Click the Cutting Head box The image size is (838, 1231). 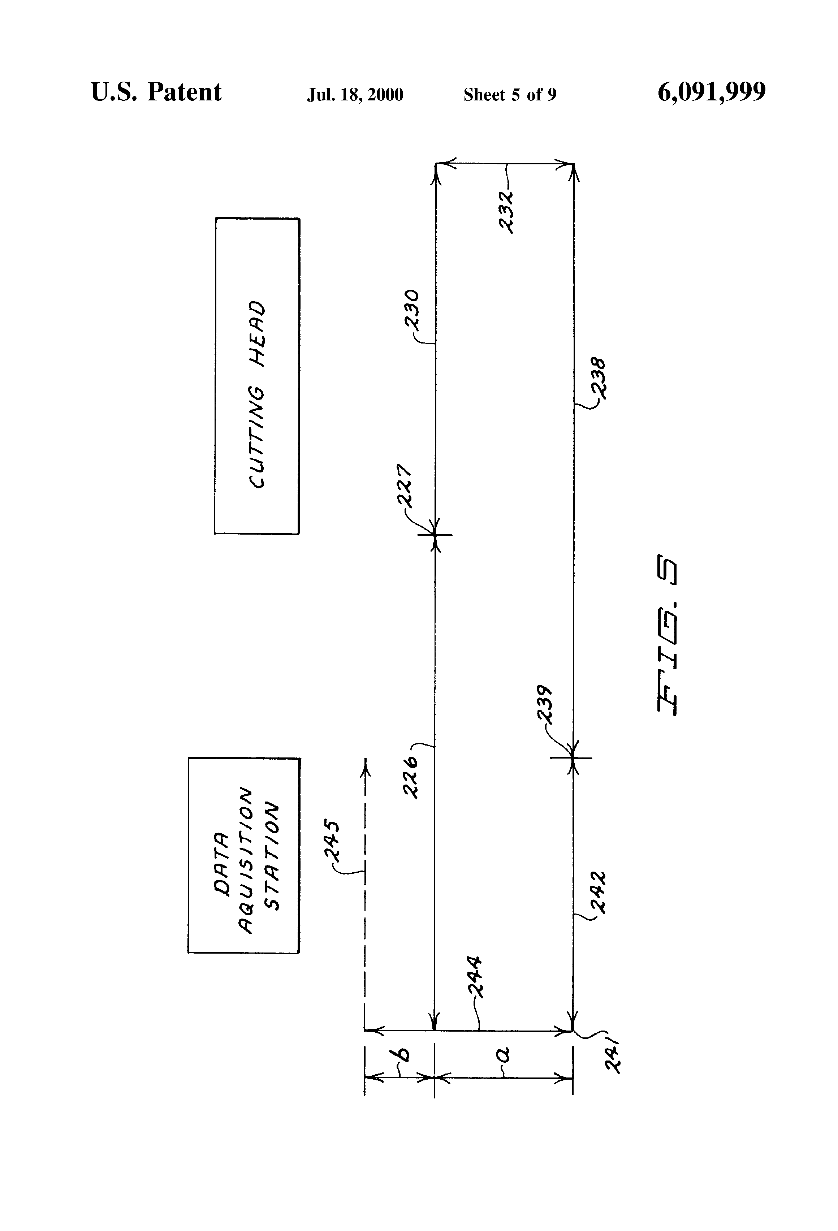tap(257, 376)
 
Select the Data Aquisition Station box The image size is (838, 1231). tap(244, 855)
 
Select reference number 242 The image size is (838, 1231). tap(599, 893)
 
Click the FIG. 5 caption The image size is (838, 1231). tap(668, 636)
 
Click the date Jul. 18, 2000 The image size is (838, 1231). tap(355, 95)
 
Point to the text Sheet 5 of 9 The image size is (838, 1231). tap(510, 95)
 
